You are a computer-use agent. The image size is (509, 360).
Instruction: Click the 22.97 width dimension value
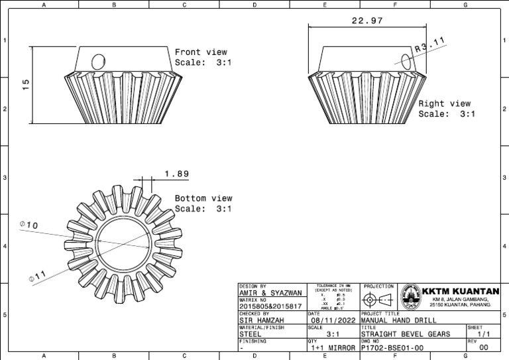click(x=367, y=21)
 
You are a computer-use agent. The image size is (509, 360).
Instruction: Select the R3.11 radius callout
click(x=429, y=46)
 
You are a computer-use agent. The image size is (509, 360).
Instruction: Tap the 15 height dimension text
click(x=26, y=84)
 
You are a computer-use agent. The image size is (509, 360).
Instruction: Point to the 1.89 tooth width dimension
click(x=176, y=174)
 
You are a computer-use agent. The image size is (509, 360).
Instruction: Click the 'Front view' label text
click(x=201, y=52)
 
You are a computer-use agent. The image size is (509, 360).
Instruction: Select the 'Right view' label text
click(x=444, y=103)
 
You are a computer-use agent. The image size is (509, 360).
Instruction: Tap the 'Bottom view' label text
click(x=203, y=198)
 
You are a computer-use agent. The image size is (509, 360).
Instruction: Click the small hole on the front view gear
click(x=97, y=62)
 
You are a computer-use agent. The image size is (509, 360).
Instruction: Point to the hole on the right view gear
click(x=405, y=59)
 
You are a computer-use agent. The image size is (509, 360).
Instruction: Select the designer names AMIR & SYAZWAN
click(x=270, y=292)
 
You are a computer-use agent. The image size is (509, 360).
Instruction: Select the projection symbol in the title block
click(x=378, y=298)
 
